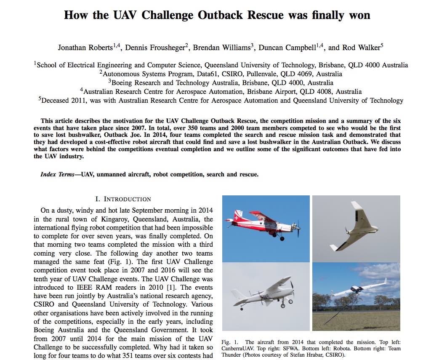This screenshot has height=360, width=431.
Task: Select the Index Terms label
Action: [57, 174]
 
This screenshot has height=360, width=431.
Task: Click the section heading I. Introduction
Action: [123, 199]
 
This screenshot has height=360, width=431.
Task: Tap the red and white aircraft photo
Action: [265, 229]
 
